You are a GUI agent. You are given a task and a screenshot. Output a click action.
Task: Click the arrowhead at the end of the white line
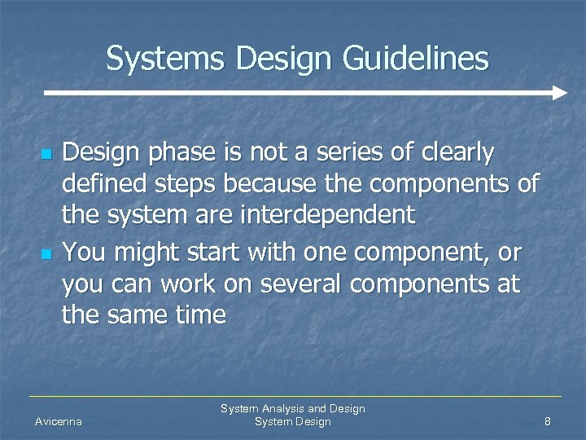point(559,93)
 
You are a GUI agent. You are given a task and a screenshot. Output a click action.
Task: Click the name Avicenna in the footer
point(59,422)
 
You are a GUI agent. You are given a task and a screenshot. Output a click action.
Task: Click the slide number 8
point(548,422)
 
